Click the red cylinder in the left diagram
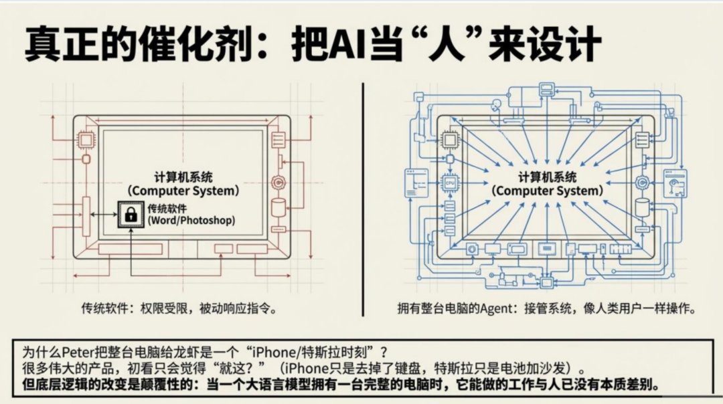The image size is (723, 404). [278, 206]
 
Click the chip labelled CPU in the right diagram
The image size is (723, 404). [451, 181]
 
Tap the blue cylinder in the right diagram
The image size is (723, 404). [642, 207]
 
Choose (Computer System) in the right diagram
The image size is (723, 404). [548, 191]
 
